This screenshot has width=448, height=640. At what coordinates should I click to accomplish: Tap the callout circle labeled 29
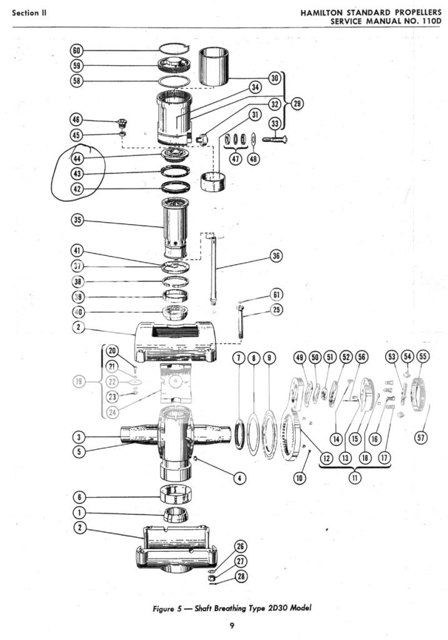click(297, 104)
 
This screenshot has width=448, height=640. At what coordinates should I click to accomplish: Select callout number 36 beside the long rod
click(276, 255)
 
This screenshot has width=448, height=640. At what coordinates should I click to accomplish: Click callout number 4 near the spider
click(239, 478)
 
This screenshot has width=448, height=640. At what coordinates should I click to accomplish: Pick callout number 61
click(277, 295)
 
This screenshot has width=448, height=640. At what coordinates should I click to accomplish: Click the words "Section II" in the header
click(31, 13)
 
